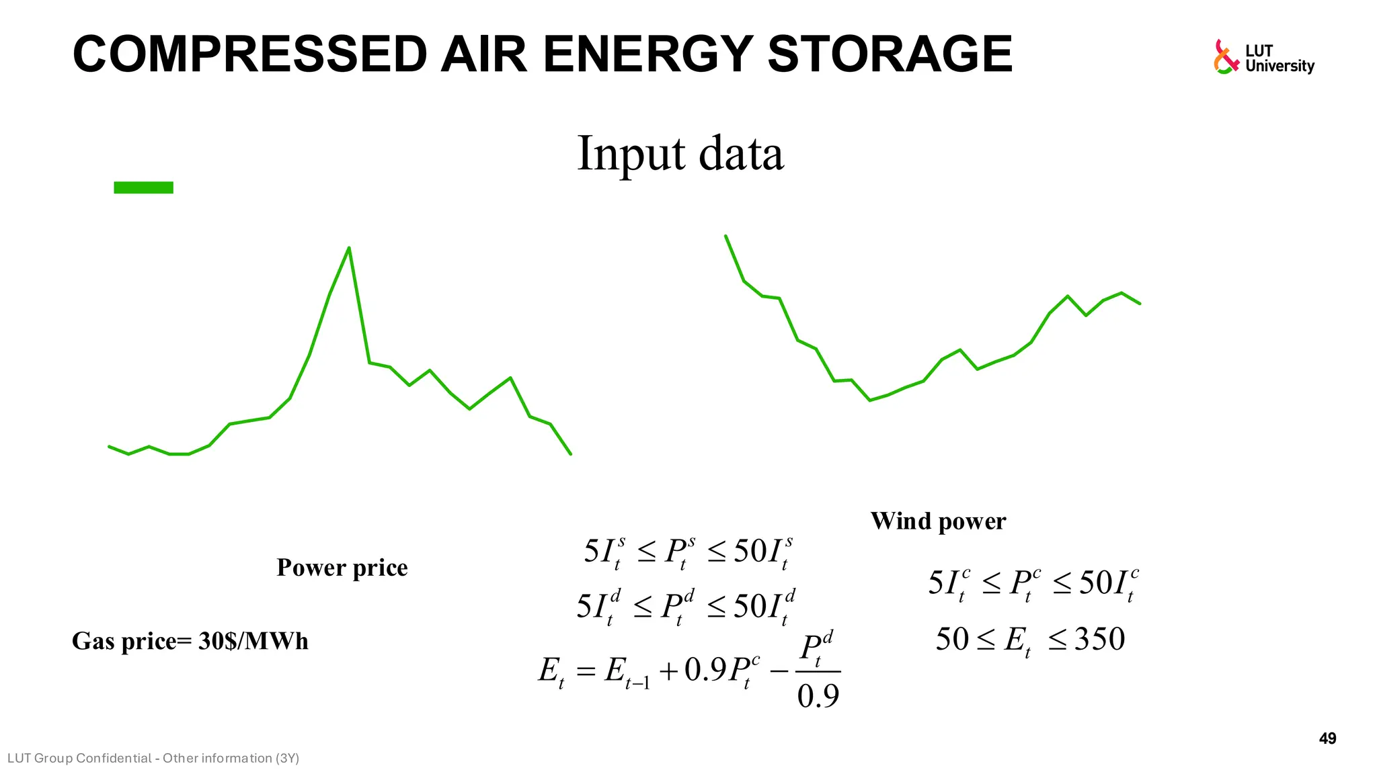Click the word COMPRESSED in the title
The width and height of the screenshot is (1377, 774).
249,55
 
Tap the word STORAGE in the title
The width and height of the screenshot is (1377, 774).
890,55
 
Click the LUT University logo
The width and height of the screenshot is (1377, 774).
1263,58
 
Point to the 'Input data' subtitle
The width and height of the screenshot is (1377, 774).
680,154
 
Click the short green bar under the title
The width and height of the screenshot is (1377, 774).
143,187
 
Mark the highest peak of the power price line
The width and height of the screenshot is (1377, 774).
349,248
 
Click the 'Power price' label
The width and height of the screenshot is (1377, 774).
342,568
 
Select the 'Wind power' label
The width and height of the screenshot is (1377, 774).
938,521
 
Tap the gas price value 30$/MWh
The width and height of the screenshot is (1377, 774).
253,642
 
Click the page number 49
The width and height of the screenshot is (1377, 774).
1327,739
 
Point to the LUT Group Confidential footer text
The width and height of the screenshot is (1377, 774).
153,759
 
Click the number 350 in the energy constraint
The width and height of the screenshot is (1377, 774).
1099,639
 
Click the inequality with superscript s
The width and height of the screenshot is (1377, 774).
689,553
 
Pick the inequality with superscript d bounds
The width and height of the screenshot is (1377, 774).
686,607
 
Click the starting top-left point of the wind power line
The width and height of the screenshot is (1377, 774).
725,236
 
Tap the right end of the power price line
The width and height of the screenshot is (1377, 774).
571,454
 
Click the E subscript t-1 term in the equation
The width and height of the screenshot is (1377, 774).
627,672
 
